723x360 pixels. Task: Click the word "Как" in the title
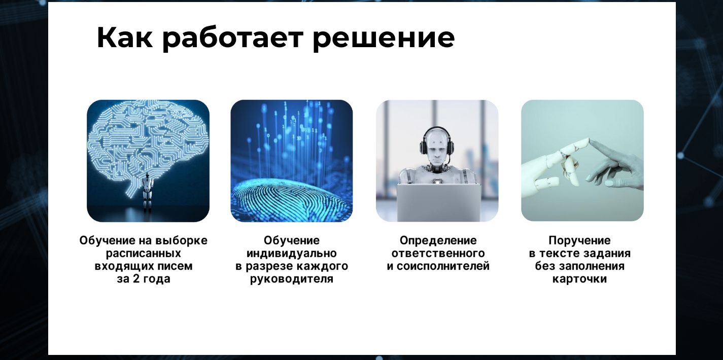(x=125, y=38)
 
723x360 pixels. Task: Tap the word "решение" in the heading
(x=384, y=39)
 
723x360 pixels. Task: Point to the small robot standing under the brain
(x=148, y=192)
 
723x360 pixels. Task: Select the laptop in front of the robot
(x=439, y=203)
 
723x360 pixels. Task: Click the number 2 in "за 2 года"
(x=136, y=279)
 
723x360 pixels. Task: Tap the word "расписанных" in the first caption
(x=144, y=253)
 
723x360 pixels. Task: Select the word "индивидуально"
(x=291, y=253)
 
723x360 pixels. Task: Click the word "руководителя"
(x=291, y=279)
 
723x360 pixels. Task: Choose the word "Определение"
(x=438, y=240)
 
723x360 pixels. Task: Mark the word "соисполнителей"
(x=443, y=266)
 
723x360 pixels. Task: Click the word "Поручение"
(x=580, y=240)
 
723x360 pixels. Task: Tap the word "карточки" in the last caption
(x=580, y=279)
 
